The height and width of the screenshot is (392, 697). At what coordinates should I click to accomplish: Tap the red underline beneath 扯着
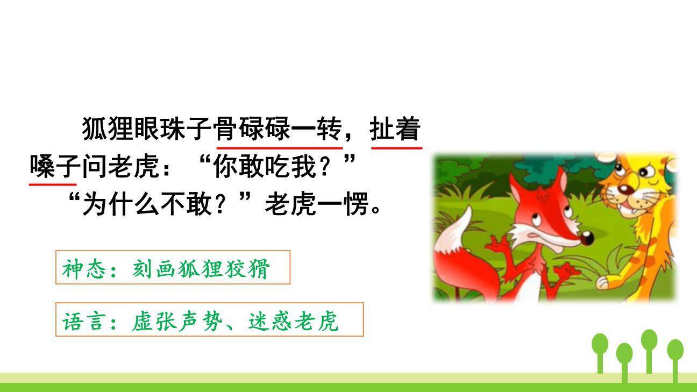pos(396,146)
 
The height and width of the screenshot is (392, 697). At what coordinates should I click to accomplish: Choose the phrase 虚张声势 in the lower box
pos(177,320)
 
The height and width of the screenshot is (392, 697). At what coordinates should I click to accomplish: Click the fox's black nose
pos(587,237)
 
